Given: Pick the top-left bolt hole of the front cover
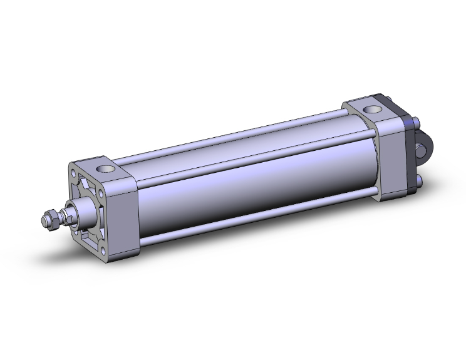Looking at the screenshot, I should (x=74, y=173).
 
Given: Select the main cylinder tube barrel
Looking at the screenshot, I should (x=251, y=188).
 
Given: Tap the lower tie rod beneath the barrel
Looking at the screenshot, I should (x=257, y=219).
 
